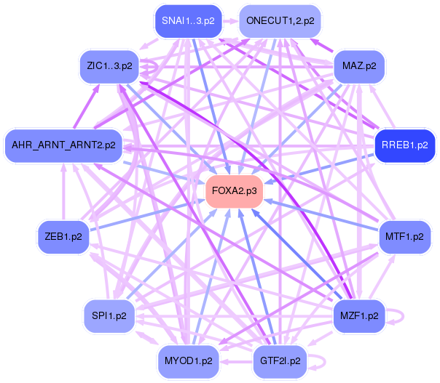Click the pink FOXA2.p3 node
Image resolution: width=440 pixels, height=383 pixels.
pyautogui.click(x=234, y=191)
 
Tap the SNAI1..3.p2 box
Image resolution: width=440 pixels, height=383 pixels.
pyautogui.click(x=188, y=21)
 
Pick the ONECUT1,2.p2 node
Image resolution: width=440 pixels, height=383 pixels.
pyautogui.click(x=280, y=21)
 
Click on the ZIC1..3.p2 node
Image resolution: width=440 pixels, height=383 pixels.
pyautogui.click(x=109, y=66)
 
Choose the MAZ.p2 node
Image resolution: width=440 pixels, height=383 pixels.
pyautogui.click(x=358, y=66)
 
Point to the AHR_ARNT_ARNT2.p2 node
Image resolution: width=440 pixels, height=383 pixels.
pyautogui.click(x=63, y=145)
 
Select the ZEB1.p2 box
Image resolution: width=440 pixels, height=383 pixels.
pyautogui.click(x=63, y=236)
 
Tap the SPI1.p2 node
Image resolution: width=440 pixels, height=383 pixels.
pyautogui.click(x=109, y=315)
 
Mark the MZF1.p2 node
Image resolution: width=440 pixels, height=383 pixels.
pyautogui.click(x=358, y=315)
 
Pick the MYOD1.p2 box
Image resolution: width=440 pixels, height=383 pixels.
pyautogui.click(x=188, y=360)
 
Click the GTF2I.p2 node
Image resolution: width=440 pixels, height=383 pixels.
pyautogui.click(x=280, y=360)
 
